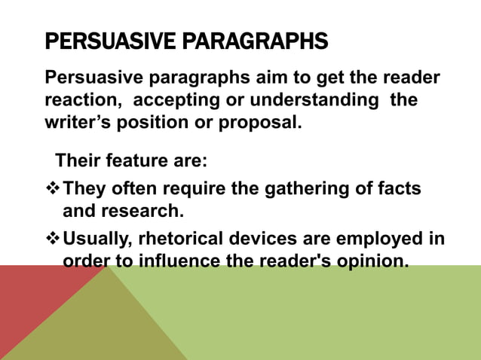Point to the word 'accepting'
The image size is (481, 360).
point(179,100)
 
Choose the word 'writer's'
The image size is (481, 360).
point(77,121)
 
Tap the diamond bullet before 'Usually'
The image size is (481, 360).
point(52,239)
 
